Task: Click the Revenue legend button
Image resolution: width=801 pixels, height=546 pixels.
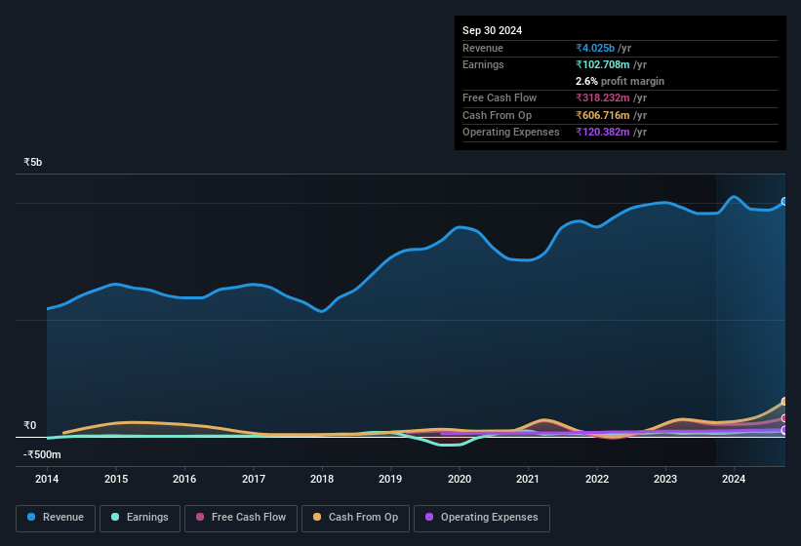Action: (x=56, y=518)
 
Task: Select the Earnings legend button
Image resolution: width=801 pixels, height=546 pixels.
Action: (x=140, y=518)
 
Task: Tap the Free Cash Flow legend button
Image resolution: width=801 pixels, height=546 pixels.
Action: (x=241, y=518)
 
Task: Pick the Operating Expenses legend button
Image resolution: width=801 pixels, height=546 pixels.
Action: (x=482, y=518)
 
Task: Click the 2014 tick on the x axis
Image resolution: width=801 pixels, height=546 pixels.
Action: (x=47, y=479)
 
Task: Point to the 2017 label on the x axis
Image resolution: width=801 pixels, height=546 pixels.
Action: (x=254, y=479)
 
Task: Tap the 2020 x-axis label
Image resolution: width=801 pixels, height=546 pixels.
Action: (x=460, y=479)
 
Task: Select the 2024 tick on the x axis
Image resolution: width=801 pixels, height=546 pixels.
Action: (x=734, y=479)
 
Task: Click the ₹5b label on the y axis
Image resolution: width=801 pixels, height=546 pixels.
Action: (x=33, y=162)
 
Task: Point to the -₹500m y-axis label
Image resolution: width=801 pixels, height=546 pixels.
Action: (x=42, y=454)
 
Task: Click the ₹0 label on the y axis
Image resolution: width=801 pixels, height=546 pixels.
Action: (x=29, y=425)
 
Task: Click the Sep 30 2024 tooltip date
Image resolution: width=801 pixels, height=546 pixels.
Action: (x=492, y=30)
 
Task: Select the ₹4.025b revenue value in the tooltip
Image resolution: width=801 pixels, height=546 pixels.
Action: (x=596, y=48)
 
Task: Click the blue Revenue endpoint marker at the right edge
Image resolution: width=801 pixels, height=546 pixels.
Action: (x=784, y=202)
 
